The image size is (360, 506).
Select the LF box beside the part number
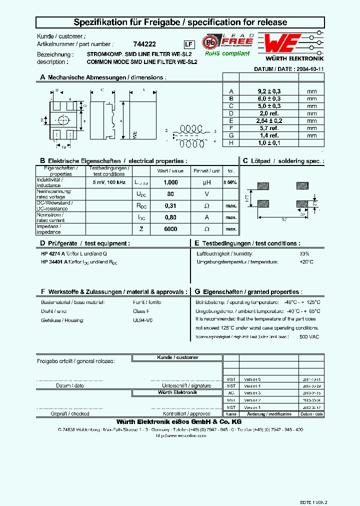coord(188,44)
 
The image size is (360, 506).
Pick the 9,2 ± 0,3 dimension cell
coord(269,91)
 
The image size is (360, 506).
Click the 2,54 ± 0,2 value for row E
coord(269,120)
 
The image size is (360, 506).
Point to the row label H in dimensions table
coord(231,142)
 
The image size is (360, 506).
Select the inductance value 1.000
coord(170,183)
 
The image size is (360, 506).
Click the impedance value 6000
coord(170,229)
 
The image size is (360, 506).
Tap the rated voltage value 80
coord(170,194)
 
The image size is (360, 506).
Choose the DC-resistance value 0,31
coord(170,205)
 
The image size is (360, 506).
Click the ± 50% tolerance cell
coord(230,183)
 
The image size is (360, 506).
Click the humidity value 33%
coord(304,254)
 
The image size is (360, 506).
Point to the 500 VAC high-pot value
coord(309,336)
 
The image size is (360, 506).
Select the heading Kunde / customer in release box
coord(170,357)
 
